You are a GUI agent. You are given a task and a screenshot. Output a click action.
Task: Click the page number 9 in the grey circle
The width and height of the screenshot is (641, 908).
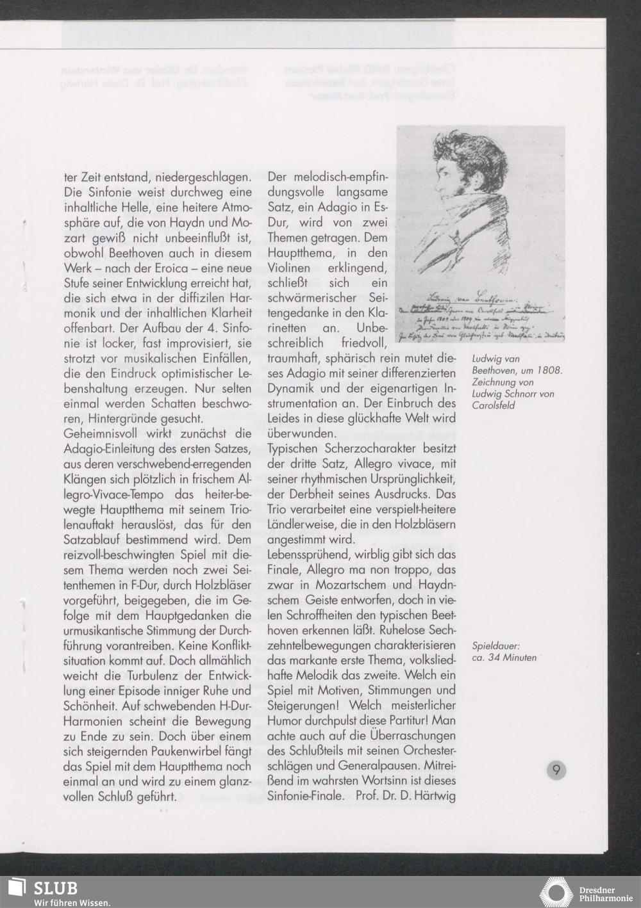(556, 770)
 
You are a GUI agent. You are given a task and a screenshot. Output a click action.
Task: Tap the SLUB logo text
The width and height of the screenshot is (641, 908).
(56, 888)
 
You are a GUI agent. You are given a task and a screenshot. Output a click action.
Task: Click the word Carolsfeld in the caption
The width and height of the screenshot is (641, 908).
(493, 405)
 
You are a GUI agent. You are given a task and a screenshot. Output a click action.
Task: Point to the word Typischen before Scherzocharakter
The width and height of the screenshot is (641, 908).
(292, 449)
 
